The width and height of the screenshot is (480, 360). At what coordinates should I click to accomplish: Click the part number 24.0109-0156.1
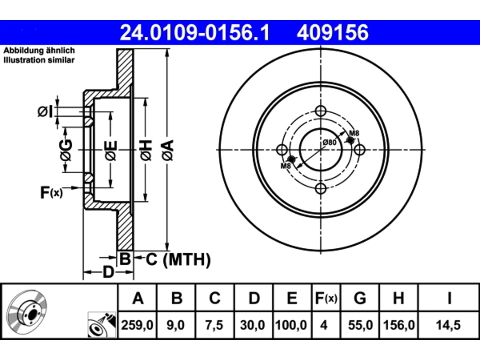[x=195, y=33]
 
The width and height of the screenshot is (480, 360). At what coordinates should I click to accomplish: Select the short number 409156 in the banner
[x=333, y=33]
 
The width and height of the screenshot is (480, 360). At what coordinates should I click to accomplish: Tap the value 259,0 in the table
[x=137, y=325]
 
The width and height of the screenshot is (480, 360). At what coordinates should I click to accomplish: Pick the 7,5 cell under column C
[x=214, y=325]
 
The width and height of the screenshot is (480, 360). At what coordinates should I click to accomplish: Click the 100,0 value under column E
[x=291, y=325]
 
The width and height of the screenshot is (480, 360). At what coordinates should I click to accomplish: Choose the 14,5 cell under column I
[x=448, y=325]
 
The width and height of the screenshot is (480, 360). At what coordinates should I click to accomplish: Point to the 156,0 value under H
[x=399, y=325]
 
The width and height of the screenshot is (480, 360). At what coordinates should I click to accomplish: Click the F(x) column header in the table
[x=326, y=298]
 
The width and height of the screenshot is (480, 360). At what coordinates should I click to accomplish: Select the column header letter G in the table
[x=360, y=298]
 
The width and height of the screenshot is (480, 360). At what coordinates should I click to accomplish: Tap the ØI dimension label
[x=45, y=112]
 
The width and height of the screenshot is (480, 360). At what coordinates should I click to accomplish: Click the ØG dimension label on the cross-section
[x=66, y=150]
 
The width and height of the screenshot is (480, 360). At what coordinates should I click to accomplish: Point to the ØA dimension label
[x=168, y=150]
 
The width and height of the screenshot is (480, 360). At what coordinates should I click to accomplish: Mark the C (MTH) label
[x=178, y=259]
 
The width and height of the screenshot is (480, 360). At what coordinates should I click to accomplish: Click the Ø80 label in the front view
[x=330, y=142]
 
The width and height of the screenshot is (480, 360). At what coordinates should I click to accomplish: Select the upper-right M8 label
[x=354, y=133]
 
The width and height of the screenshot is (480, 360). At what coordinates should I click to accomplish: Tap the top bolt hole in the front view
[x=321, y=111]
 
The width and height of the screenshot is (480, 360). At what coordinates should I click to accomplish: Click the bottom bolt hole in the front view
[x=321, y=188]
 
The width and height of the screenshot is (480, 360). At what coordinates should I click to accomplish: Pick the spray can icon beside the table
[x=102, y=325]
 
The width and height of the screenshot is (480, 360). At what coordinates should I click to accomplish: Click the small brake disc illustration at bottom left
[x=27, y=312]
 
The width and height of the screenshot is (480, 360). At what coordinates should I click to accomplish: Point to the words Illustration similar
[x=39, y=60]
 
